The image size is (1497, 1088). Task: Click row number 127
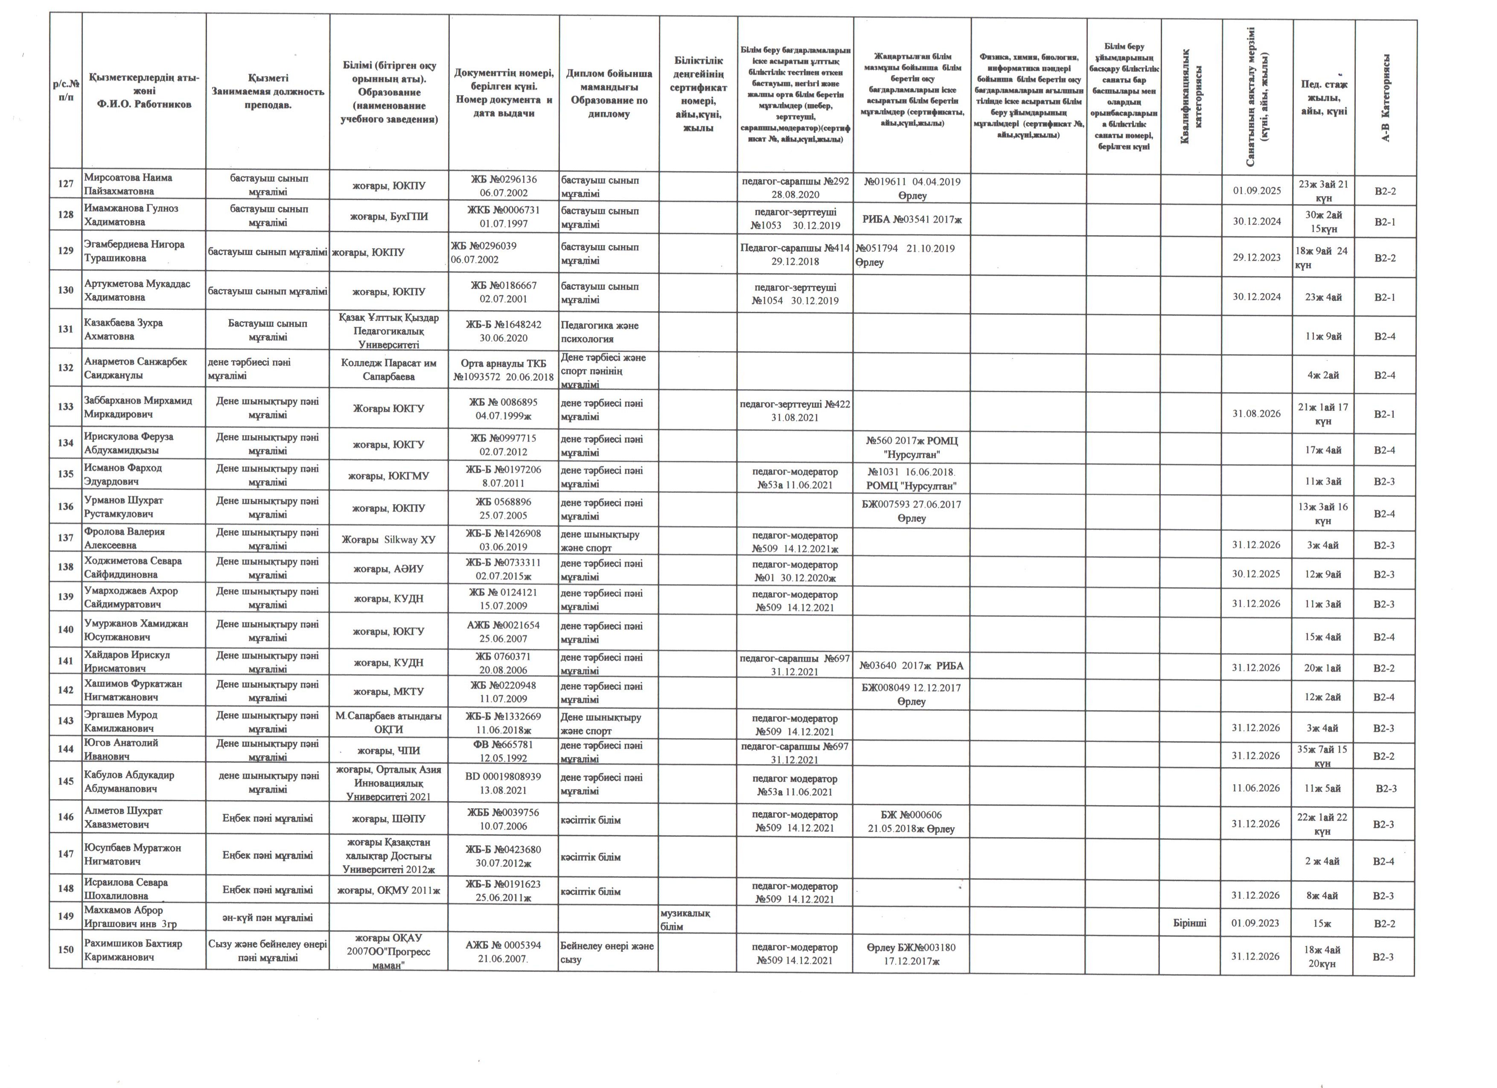pos(65,184)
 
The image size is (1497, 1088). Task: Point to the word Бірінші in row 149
pos(1190,923)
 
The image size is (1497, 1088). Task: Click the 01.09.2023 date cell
pos(1255,923)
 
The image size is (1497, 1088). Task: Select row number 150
pos(65,950)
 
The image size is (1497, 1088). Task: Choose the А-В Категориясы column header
pos(1386,98)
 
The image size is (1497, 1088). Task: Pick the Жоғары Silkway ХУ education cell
pos(389,540)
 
